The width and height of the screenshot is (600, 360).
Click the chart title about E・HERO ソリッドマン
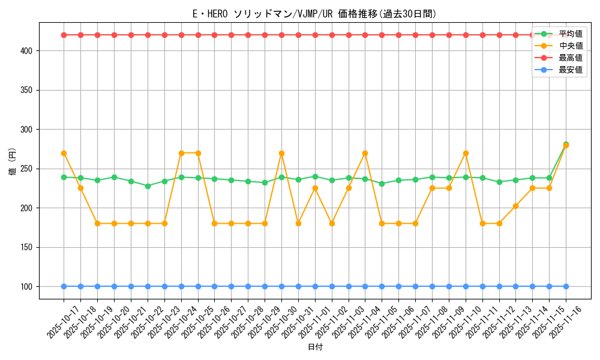pos(310,14)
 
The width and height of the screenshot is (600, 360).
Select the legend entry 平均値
pos(570,34)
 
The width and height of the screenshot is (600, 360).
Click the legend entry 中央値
pos(570,46)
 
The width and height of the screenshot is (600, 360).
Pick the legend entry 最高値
pos(570,58)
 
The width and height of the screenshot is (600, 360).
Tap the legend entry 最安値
pos(570,70)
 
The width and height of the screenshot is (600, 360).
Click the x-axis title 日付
pos(315,347)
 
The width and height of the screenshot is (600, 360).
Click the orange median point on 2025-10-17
pos(64,153)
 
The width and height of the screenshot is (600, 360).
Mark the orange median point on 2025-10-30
pos(281,153)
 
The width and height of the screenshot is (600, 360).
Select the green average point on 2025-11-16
pos(566,144)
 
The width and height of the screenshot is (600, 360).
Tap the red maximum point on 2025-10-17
pos(64,35)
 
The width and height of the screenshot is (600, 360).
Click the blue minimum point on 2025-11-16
pos(566,286)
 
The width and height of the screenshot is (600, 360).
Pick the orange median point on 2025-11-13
pos(515,206)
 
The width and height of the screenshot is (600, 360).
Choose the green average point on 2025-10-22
pos(148,186)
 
